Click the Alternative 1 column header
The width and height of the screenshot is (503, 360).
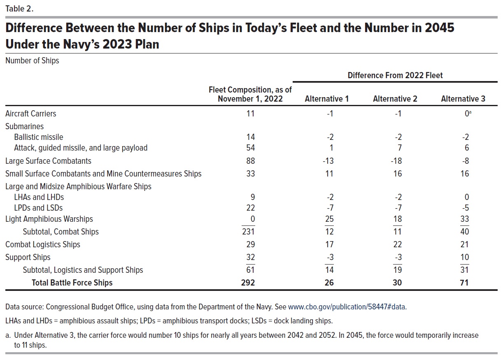coord(326,99)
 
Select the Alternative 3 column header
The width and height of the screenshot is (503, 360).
coord(463,99)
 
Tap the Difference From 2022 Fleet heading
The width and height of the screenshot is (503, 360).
coord(395,75)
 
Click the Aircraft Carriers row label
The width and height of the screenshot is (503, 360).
coord(31,114)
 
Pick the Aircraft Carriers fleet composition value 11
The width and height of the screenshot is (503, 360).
coord(250,114)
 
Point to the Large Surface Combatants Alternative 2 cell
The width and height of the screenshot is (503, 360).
coord(396,161)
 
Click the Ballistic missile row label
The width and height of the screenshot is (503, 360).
coord(39,137)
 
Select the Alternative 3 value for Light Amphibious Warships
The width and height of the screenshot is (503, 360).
coord(465,219)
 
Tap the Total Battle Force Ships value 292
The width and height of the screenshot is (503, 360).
coord(248,283)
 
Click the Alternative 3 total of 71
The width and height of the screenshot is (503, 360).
coord(464,283)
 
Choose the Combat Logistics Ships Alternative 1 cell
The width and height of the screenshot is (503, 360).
coord(329,244)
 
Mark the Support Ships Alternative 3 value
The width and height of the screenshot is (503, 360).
coord(465,257)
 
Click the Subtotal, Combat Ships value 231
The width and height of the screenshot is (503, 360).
coord(248,231)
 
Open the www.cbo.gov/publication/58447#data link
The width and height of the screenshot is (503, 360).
coord(347,307)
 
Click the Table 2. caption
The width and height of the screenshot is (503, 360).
coord(19,9)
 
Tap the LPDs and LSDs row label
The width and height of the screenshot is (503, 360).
coord(38,208)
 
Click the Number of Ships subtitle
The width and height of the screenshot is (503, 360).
coord(32,60)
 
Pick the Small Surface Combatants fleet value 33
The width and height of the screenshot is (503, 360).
coord(250,174)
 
